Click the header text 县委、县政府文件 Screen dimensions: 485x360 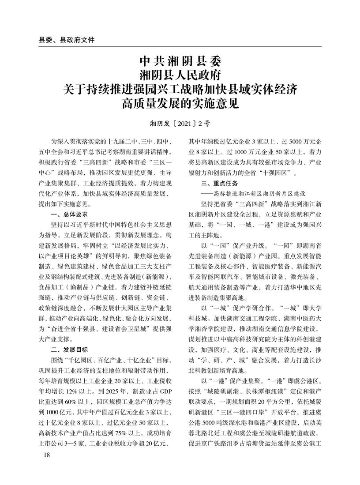67,40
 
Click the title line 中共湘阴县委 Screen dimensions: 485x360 180,59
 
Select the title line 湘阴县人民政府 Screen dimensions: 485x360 180,74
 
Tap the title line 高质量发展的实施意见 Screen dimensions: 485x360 180,104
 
